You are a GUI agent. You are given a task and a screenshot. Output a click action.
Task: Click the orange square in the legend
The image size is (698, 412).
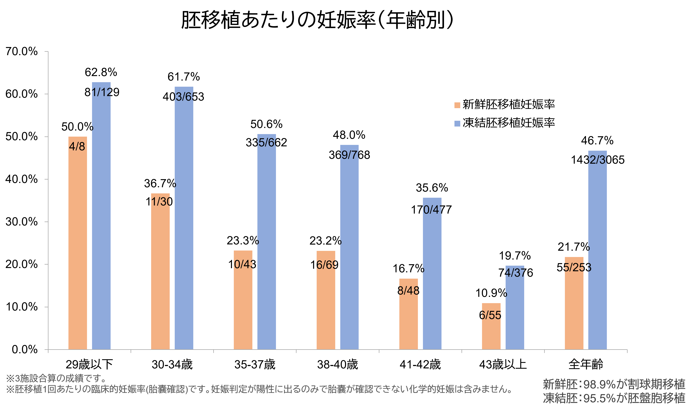pyautogui.click(x=457, y=105)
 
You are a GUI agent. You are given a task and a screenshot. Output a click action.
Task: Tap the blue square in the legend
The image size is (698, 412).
pyautogui.click(x=457, y=123)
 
